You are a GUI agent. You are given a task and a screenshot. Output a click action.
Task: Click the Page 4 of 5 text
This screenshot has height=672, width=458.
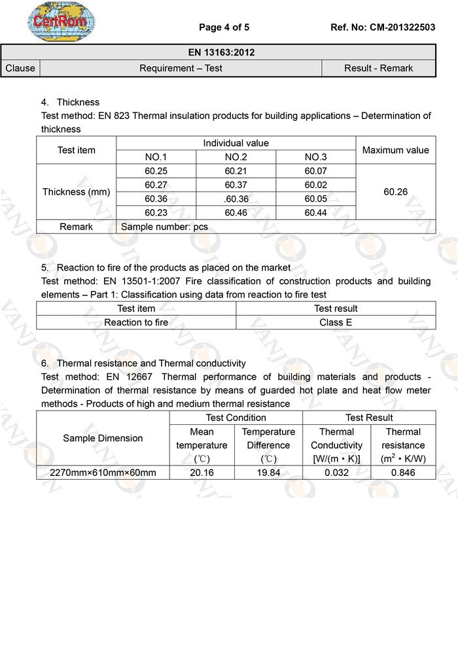coord(224,27)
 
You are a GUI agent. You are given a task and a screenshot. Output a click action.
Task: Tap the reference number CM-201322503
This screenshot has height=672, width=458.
coord(383,27)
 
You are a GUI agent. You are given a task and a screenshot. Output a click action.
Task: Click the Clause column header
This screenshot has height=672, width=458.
coord(20,68)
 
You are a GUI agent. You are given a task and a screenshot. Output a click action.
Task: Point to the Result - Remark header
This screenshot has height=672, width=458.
coord(378,68)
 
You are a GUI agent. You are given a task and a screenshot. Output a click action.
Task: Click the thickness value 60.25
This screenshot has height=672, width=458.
coord(156,171)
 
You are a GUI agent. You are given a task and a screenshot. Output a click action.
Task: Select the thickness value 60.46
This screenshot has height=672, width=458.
coord(236,212)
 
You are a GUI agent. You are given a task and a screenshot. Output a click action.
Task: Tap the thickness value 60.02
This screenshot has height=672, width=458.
coord(316,185)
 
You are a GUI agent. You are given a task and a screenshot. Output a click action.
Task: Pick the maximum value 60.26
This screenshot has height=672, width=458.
coord(395,192)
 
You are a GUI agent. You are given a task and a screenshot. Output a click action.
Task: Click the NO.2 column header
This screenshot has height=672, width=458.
coord(236,157)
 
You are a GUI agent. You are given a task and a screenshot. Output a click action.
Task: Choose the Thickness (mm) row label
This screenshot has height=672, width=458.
coord(77,192)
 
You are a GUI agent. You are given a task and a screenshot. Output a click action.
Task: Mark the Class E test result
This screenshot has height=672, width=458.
coord(336,322)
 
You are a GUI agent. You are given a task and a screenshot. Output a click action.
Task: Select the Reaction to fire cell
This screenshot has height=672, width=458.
coord(136,322)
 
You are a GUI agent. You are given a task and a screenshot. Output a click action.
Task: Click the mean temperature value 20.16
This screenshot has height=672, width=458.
coord(202,472)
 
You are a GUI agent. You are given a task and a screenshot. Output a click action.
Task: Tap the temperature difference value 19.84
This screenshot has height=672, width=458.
coord(268,472)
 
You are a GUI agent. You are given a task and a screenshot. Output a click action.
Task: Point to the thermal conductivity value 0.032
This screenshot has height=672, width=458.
coord(336,472)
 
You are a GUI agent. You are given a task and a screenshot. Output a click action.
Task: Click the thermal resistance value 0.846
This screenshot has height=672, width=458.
coord(403,472)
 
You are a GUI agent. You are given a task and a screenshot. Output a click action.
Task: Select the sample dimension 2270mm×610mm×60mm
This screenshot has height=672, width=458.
coord(103,472)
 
